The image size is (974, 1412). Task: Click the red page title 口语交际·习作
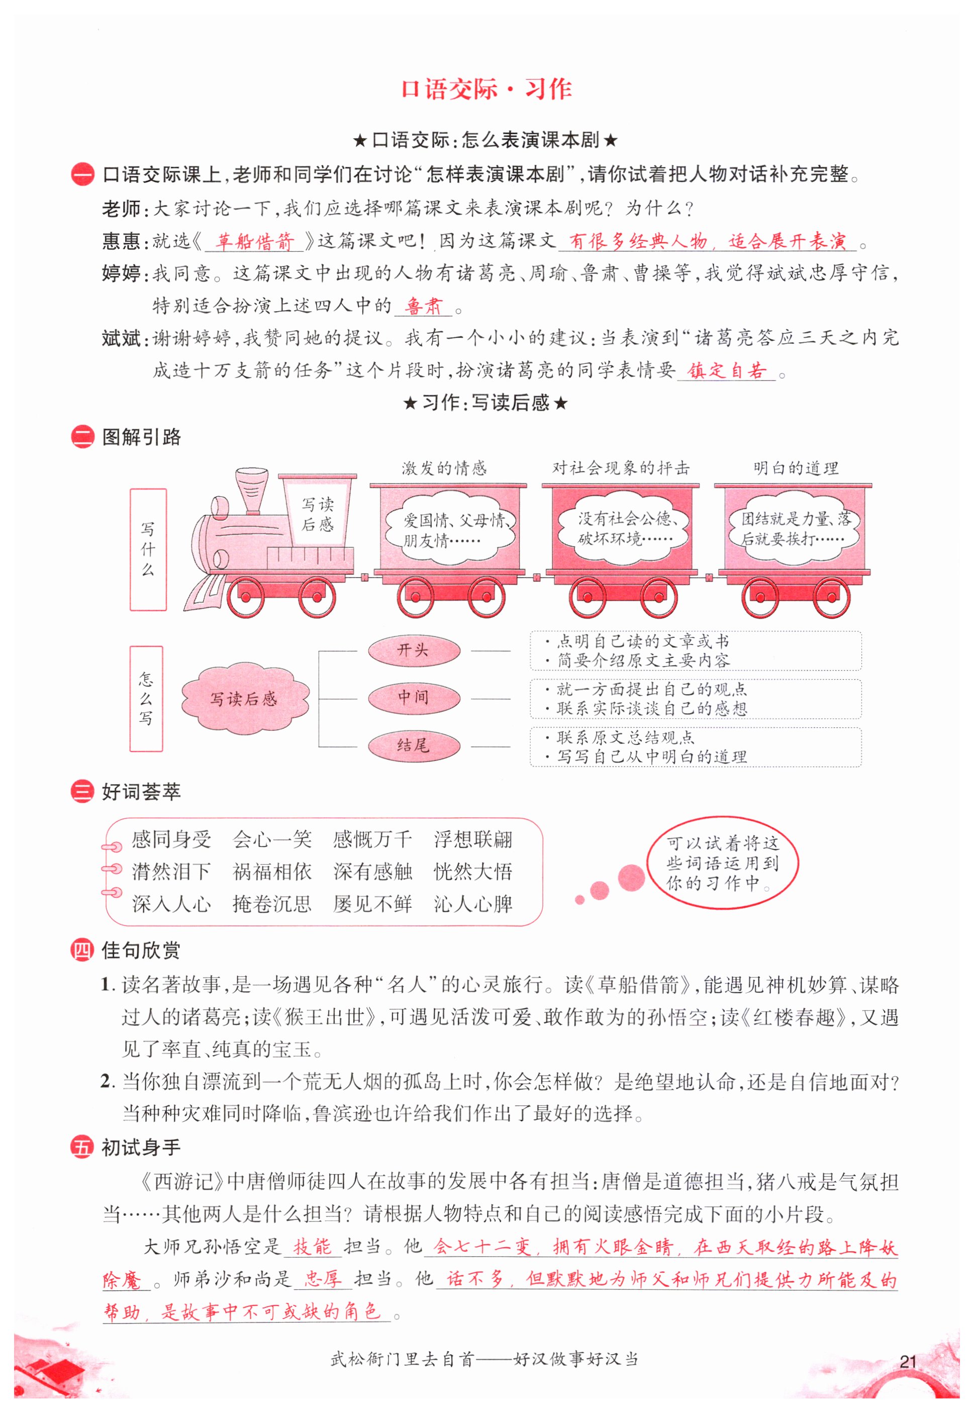pyautogui.click(x=486, y=89)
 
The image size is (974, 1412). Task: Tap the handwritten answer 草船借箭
pyautogui.click(x=254, y=242)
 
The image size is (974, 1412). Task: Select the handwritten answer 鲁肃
pyautogui.click(x=423, y=305)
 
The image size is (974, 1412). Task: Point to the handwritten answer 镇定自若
pyautogui.click(x=726, y=370)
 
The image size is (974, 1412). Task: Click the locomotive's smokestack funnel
pyautogui.click(x=252, y=488)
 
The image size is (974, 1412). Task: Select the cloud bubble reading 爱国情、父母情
pyautogui.click(x=450, y=530)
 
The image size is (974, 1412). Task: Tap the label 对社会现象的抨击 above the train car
pyautogui.click(x=621, y=468)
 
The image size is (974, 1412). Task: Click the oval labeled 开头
pyautogui.click(x=413, y=650)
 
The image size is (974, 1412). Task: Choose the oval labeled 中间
pyautogui.click(x=413, y=698)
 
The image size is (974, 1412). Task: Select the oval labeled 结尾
pyautogui.click(x=413, y=745)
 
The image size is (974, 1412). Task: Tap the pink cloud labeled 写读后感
pyautogui.click(x=244, y=698)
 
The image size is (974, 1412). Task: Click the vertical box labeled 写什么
pyautogui.click(x=148, y=549)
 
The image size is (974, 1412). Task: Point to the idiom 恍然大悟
pyautogui.click(x=473, y=871)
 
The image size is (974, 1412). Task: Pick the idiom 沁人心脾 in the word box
pyautogui.click(x=473, y=904)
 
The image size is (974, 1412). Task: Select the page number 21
pyautogui.click(x=908, y=1361)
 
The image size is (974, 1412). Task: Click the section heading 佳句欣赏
pyautogui.click(x=141, y=950)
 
